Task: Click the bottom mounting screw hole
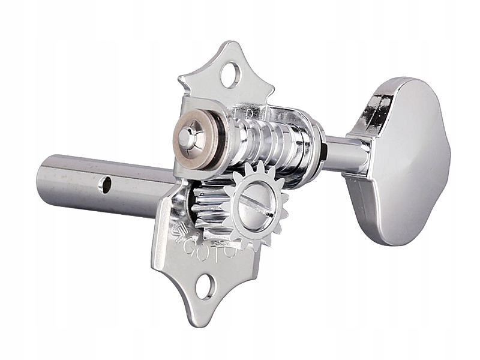(x=205, y=287)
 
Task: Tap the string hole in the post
(x=106, y=185)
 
